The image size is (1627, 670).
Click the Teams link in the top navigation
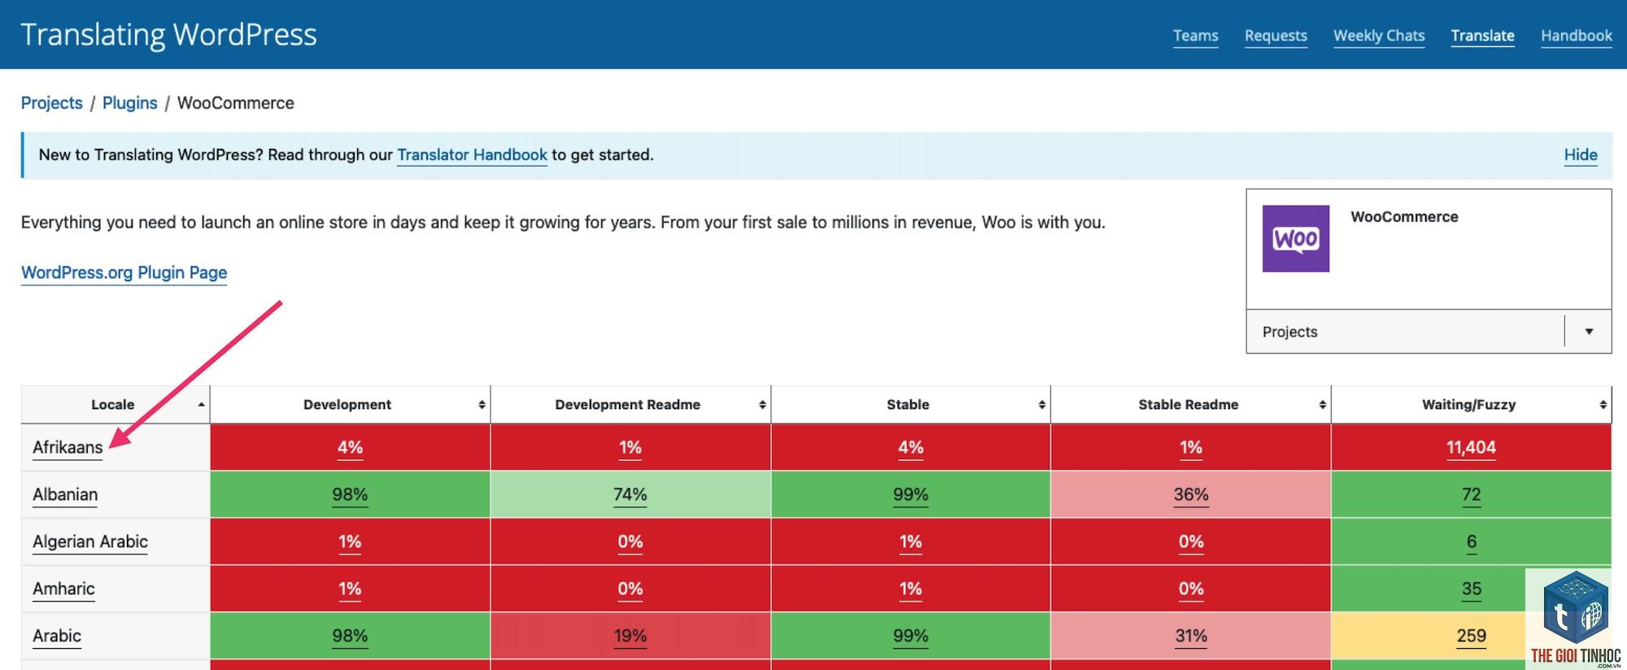click(1195, 36)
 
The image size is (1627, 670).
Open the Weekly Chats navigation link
click(1379, 36)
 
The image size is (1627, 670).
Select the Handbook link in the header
click(1576, 36)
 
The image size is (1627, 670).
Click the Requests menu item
click(1276, 36)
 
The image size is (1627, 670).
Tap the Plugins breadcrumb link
click(130, 103)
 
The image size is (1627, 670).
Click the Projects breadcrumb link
click(52, 103)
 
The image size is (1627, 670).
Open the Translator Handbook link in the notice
click(472, 154)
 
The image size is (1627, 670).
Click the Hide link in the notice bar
click(1581, 154)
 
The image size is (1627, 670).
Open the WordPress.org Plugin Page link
click(124, 273)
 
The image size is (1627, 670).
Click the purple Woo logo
click(1296, 238)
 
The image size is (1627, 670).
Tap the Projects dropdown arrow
click(1589, 332)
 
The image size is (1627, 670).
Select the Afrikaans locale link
click(68, 447)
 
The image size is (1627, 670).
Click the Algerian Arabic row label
click(90, 542)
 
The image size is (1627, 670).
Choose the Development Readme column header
click(628, 405)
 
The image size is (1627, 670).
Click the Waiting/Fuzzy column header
click(1469, 405)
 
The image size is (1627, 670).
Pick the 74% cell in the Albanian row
click(630, 494)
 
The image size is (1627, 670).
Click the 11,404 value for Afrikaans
click(1471, 447)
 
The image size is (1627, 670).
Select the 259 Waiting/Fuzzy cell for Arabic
click(1471, 636)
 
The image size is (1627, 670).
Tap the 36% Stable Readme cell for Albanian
click(1191, 494)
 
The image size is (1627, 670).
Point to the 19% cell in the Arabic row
click(630, 636)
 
